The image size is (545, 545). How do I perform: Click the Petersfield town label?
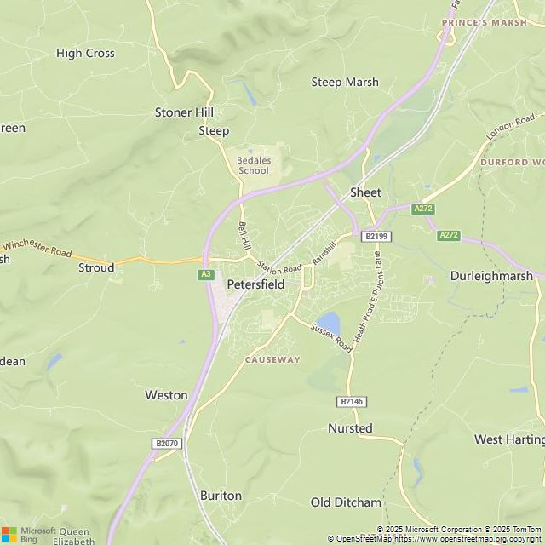255,284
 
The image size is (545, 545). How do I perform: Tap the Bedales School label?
253,164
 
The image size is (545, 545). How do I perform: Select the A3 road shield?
205,274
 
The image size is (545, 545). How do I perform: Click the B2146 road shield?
349,401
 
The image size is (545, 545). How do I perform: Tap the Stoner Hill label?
184,112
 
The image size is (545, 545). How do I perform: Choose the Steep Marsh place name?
344,82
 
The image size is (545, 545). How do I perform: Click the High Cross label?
85,53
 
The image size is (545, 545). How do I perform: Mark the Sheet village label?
365,192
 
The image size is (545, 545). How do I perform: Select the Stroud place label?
96,267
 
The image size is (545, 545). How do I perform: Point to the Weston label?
166,395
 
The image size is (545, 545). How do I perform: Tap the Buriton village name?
221,495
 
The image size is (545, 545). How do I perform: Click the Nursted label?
350,428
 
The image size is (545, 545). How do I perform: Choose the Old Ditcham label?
346,502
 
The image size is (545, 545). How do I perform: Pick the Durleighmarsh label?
490,276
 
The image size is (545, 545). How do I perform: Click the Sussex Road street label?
331,337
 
